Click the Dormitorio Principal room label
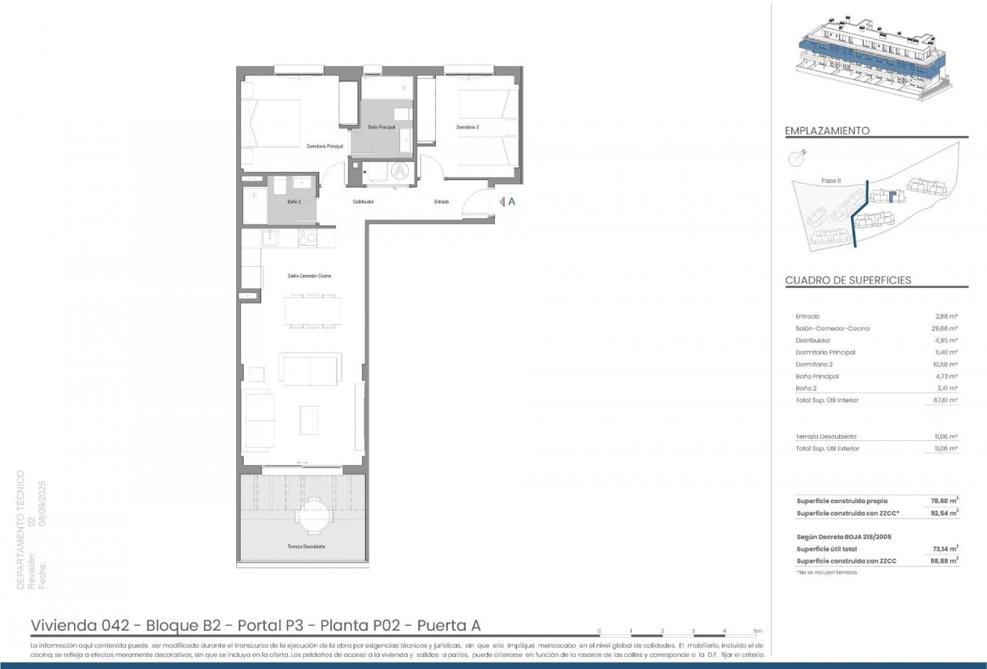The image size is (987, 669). tap(325, 147)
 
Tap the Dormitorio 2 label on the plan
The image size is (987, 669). tap(468, 128)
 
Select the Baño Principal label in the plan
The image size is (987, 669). tap(381, 128)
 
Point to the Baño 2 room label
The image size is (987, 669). tap(294, 202)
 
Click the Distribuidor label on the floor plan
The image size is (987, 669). tap(363, 202)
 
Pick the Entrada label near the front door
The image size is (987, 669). tap(442, 202)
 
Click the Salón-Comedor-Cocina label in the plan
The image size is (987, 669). tap(309, 276)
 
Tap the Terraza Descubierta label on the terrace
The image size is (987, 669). tap(306, 546)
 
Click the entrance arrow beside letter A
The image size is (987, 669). tap(502, 201)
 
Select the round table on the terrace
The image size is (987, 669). tap(313, 515)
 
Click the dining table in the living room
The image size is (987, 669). tap(312, 311)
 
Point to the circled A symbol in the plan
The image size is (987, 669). tap(401, 170)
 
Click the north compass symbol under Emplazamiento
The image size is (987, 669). tap(798, 157)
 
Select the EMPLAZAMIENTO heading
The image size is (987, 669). tap(827, 131)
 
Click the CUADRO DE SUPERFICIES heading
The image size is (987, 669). tap(848, 280)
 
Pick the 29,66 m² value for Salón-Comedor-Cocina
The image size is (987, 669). tap(946, 328)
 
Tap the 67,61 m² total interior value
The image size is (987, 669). tap(946, 400)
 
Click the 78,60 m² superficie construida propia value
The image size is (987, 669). tap(946, 501)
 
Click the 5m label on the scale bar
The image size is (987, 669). tap(757, 632)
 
